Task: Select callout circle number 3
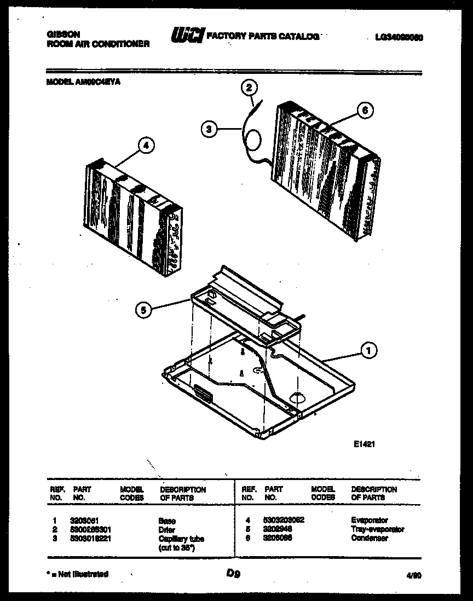point(208,130)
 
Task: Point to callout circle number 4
point(145,146)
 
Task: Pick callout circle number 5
point(143,310)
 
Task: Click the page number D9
point(233,574)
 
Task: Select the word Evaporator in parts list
point(369,521)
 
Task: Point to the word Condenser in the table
point(369,538)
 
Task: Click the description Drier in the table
point(166,530)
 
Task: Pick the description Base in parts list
point(166,521)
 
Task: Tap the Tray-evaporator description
point(377,529)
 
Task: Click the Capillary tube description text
point(181,539)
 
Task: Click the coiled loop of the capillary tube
point(254,141)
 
